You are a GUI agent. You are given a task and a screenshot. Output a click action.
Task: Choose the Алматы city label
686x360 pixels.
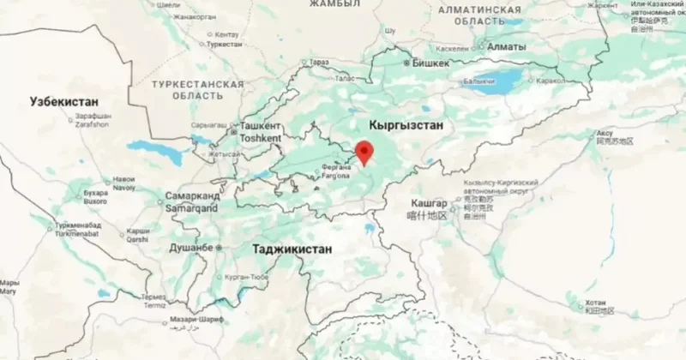point(502,47)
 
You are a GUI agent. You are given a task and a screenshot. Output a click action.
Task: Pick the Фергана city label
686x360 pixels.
point(335,168)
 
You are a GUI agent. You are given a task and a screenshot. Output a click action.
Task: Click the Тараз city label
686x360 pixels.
point(319,63)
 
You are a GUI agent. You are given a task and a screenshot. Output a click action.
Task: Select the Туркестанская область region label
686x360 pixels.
point(197,91)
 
